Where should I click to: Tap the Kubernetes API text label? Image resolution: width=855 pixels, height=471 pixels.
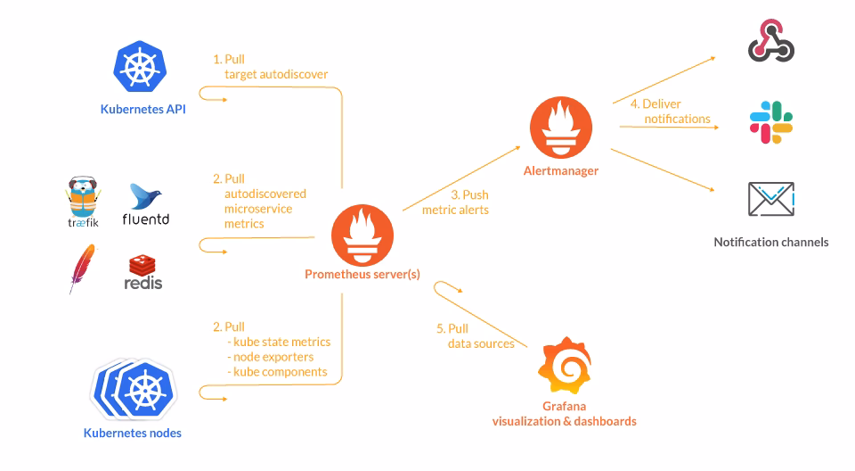143,111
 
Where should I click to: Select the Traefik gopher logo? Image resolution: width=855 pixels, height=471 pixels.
83,199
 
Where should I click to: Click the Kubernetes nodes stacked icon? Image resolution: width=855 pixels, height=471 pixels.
134,389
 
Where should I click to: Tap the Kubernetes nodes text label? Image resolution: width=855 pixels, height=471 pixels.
133,434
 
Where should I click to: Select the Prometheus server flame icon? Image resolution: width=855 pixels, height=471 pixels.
362,235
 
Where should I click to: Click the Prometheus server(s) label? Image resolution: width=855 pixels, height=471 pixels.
362,275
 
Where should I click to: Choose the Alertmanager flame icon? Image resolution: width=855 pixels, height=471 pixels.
561,129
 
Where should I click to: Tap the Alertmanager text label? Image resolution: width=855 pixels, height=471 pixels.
561,170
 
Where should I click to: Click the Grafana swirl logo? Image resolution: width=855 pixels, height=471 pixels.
565,367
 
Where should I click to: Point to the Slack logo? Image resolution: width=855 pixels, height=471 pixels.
771,123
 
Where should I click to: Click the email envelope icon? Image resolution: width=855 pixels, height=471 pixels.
771,200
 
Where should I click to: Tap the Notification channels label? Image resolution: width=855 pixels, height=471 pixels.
771,242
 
